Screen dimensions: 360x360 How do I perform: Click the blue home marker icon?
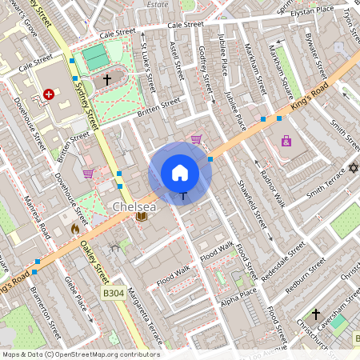pyautogui.click(x=180, y=173)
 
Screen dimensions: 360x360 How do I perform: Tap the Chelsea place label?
pyautogui.click(x=133, y=206)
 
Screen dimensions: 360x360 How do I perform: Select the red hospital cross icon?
pyautogui.click(x=49, y=94)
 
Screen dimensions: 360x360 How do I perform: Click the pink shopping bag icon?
pyautogui.click(x=286, y=142)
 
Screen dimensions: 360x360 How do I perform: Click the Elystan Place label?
pyautogui.click(x=323, y=10)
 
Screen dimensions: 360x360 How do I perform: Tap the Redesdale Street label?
pyautogui.click(x=286, y=259)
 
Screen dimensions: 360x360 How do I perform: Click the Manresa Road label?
pyautogui.click(x=37, y=216)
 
